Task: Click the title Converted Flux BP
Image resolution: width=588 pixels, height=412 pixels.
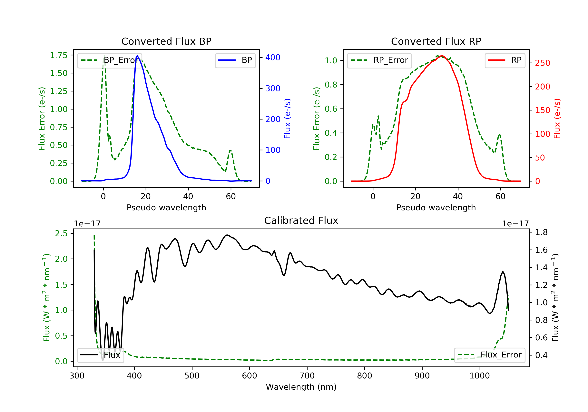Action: tap(166, 41)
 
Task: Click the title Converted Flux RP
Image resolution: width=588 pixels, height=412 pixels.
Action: tap(436, 41)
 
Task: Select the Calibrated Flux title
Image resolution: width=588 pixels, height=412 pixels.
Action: tap(301, 221)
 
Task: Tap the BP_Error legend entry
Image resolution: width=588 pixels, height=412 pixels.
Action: tap(110, 60)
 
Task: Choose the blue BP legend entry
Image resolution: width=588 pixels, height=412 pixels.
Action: tap(235, 60)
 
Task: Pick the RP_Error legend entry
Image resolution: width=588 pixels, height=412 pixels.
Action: tap(379, 60)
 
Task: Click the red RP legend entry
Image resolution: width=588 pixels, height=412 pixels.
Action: tap(505, 60)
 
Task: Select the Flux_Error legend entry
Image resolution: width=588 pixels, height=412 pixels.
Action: tap(489, 355)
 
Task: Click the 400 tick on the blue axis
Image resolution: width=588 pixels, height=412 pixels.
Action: tap(273, 57)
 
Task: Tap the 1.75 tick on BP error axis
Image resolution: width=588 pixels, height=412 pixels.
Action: tap(59, 55)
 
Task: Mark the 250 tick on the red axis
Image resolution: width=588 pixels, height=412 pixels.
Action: tap(542, 63)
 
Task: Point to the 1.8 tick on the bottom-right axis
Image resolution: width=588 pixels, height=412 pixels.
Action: tap(541, 232)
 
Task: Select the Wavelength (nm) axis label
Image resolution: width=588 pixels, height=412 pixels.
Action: tap(301, 387)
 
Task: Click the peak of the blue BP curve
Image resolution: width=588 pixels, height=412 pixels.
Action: tap(137, 56)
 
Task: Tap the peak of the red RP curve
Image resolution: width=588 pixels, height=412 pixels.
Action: tap(442, 56)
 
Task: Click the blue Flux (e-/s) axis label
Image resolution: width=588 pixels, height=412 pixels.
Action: tap(287, 119)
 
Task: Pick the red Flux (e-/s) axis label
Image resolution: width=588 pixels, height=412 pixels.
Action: tap(557, 119)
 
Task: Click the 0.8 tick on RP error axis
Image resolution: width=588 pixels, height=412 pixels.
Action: tap(331, 85)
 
